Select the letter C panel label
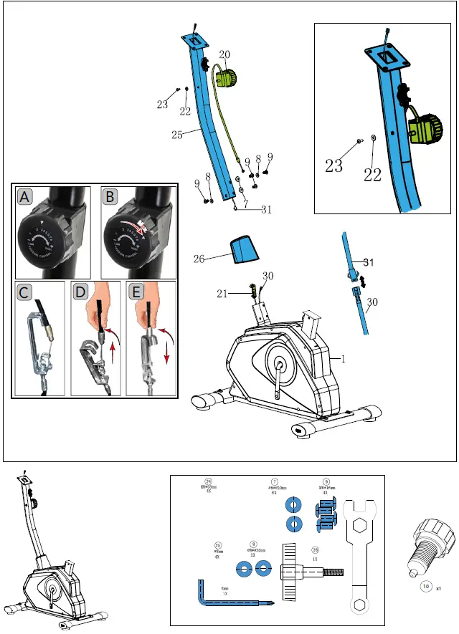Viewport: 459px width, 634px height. (x=24, y=292)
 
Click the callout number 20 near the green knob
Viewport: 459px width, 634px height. (x=224, y=54)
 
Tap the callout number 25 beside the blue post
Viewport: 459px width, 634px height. (x=176, y=133)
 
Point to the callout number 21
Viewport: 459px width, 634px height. (x=223, y=293)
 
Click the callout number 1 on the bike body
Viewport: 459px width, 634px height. (x=343, y=360)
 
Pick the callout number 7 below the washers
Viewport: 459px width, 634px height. (x=246, y=204)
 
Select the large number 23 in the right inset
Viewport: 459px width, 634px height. (x=333, y=167)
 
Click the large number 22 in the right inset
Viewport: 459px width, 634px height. (x=372, y=174)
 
